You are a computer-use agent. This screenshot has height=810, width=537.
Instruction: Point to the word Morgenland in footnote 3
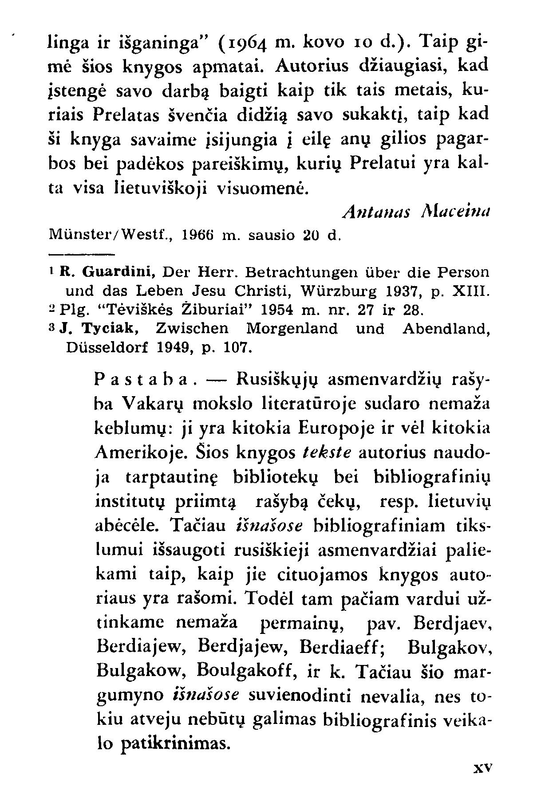(x=292, y=329)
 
